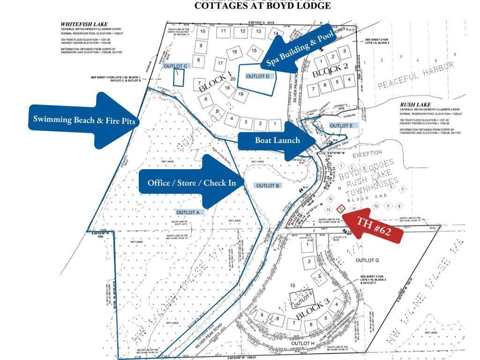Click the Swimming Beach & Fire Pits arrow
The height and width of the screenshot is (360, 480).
click(84, 120)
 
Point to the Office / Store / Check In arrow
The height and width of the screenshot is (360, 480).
click(192, 182)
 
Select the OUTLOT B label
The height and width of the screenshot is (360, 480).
click(268, 186)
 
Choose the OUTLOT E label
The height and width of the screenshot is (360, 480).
click(341, 126)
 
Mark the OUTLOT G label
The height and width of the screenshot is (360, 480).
click(367, 260)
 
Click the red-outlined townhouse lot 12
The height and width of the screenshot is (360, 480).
click(341, 208)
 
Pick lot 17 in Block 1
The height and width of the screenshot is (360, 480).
click(220, 63)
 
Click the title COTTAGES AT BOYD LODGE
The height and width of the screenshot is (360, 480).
click(262, 6)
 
